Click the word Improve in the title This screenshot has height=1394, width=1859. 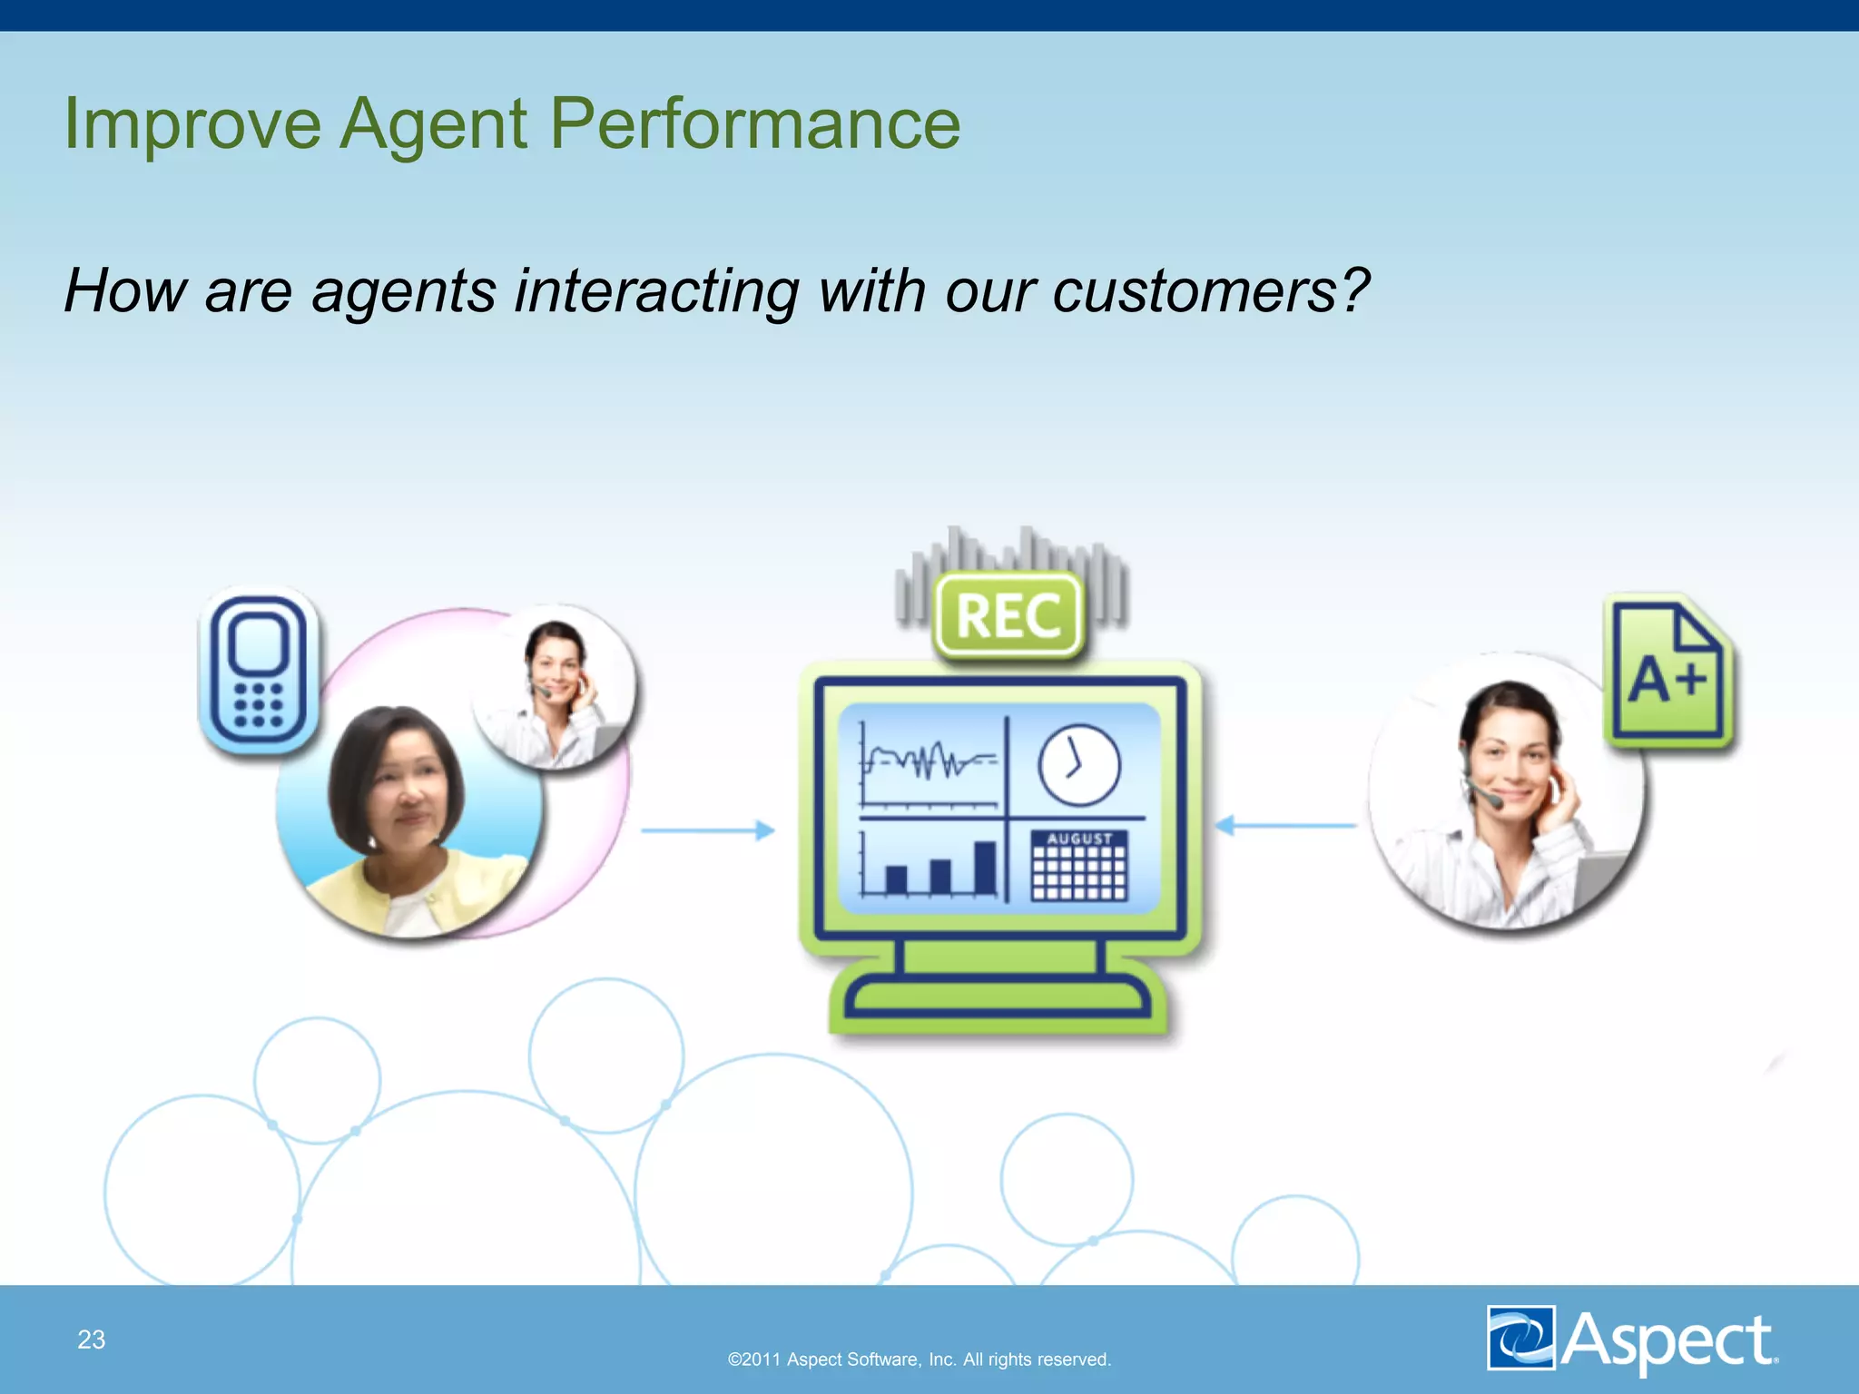point(192,124)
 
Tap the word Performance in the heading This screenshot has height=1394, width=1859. point(755,124)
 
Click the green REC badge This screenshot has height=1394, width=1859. point(1008,615)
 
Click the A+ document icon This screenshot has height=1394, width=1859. point(1668,673)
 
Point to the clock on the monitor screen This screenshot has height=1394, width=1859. point(1078,765)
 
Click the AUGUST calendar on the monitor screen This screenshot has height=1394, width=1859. point(1078,866)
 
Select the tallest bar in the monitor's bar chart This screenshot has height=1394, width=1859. point(984,868)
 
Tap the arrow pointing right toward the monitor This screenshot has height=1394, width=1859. point(708,830)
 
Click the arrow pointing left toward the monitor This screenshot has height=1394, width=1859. point(1284,825)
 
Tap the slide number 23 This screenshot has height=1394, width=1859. point(91,1340)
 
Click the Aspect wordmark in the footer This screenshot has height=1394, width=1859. point(1668,1340)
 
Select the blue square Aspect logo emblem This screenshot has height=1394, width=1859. point(1520,1338)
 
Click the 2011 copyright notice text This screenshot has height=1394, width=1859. point(919,1360)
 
